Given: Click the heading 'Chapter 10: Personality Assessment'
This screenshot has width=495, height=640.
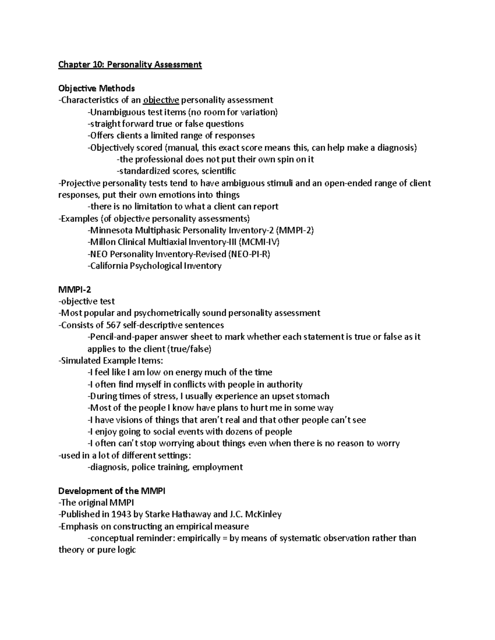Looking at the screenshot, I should point(130,64).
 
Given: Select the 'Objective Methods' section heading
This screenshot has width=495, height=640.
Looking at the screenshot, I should point(97,88).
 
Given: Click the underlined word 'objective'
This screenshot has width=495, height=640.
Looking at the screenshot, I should point(161,100).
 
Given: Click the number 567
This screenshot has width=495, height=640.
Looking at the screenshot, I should point(113,325).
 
